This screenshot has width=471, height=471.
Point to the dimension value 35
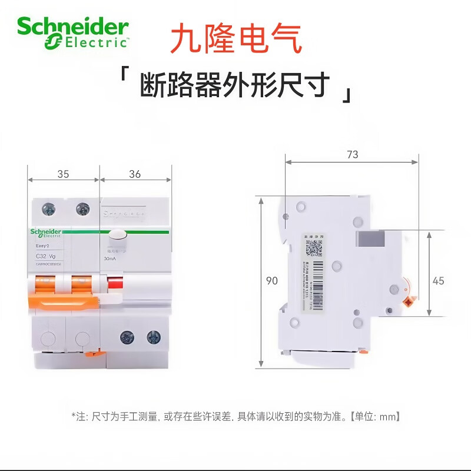click(x=63, y=174)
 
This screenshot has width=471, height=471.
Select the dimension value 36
click(x=135, y=174)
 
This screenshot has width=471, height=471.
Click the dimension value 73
click(x=352, y=155)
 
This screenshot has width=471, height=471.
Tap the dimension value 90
click(x=271, y=281)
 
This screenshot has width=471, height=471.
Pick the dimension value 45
click(x=439, y=281)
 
